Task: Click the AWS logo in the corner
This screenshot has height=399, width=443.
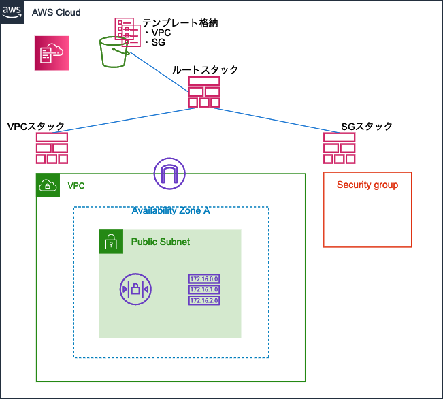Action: (12, 12)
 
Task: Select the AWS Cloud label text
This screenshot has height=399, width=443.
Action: (56, 12)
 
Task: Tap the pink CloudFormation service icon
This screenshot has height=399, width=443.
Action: (52, 53)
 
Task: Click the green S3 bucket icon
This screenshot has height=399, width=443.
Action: (114, 52)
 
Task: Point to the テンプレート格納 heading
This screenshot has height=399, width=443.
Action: (180, 23)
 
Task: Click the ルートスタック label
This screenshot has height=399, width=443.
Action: (205, 69)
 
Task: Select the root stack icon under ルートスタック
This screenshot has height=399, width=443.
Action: (204, 92)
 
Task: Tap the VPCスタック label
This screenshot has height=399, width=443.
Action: (36, 127)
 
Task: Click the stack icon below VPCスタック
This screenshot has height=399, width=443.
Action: (52, 148)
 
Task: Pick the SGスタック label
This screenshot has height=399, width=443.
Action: (367, 127)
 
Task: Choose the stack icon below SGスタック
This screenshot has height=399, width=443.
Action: (340, 148)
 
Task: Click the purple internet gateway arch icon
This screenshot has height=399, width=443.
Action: (169, 174)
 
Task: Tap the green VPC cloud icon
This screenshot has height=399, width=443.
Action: (48, 185)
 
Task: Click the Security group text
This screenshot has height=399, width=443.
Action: (367, 185)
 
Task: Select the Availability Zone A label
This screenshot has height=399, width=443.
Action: (171, 210)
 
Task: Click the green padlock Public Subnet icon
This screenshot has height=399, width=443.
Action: (111, 242)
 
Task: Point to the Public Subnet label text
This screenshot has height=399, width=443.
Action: (161, 242)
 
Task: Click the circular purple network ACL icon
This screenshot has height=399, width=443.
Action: (135, 289)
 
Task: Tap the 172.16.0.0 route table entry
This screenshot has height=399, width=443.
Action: (204, 278)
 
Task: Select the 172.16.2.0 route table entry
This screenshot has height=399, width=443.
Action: (204, 300)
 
